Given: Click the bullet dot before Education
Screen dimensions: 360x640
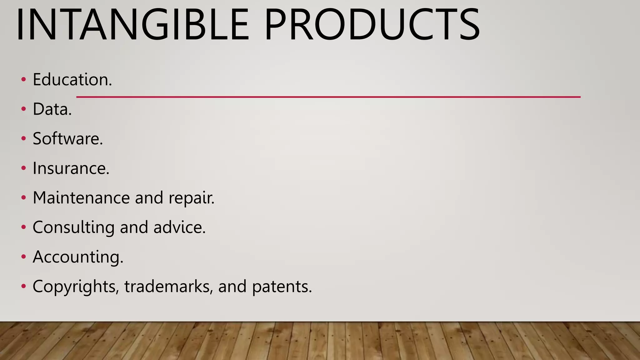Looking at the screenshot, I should [x=23, y=80].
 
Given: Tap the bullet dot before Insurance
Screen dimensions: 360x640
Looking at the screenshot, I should [x=23, y=168].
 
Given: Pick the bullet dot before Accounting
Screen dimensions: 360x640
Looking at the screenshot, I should [x=23, y=257].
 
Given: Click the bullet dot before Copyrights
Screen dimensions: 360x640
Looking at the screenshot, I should [x=23, y=286].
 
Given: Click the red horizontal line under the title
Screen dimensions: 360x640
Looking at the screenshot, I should [x=328, y=97].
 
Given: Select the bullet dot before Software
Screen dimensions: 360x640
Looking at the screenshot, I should [x=23, y=139].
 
